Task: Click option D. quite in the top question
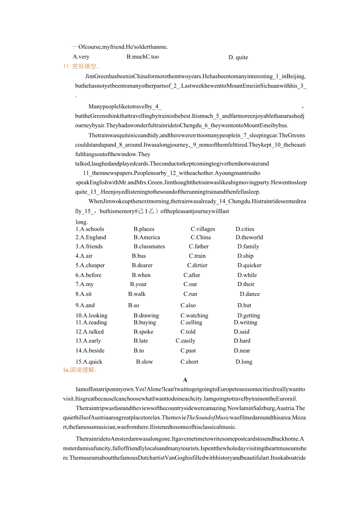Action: [x=238, y=58]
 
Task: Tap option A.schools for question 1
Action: [x=90, y=229]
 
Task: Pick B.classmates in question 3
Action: [x=149, y=246]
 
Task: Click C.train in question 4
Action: [x=197, y=256]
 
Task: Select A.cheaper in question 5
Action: [x=90, y=265]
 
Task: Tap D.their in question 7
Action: [x=246, y=284]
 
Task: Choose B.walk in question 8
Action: [x=137, y=294]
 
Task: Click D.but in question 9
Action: [x=244, y=306]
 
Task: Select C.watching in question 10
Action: [x=194, y=316]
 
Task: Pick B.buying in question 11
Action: [x=145, y=323]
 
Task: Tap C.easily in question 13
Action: [x=185, y=341]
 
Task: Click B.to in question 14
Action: [x=139, y=351]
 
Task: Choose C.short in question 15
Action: [x=189, y=362]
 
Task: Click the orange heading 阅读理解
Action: [x=80, y=370]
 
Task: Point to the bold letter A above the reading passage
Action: [x=185, y=380]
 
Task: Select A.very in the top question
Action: [x=81, y=57]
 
